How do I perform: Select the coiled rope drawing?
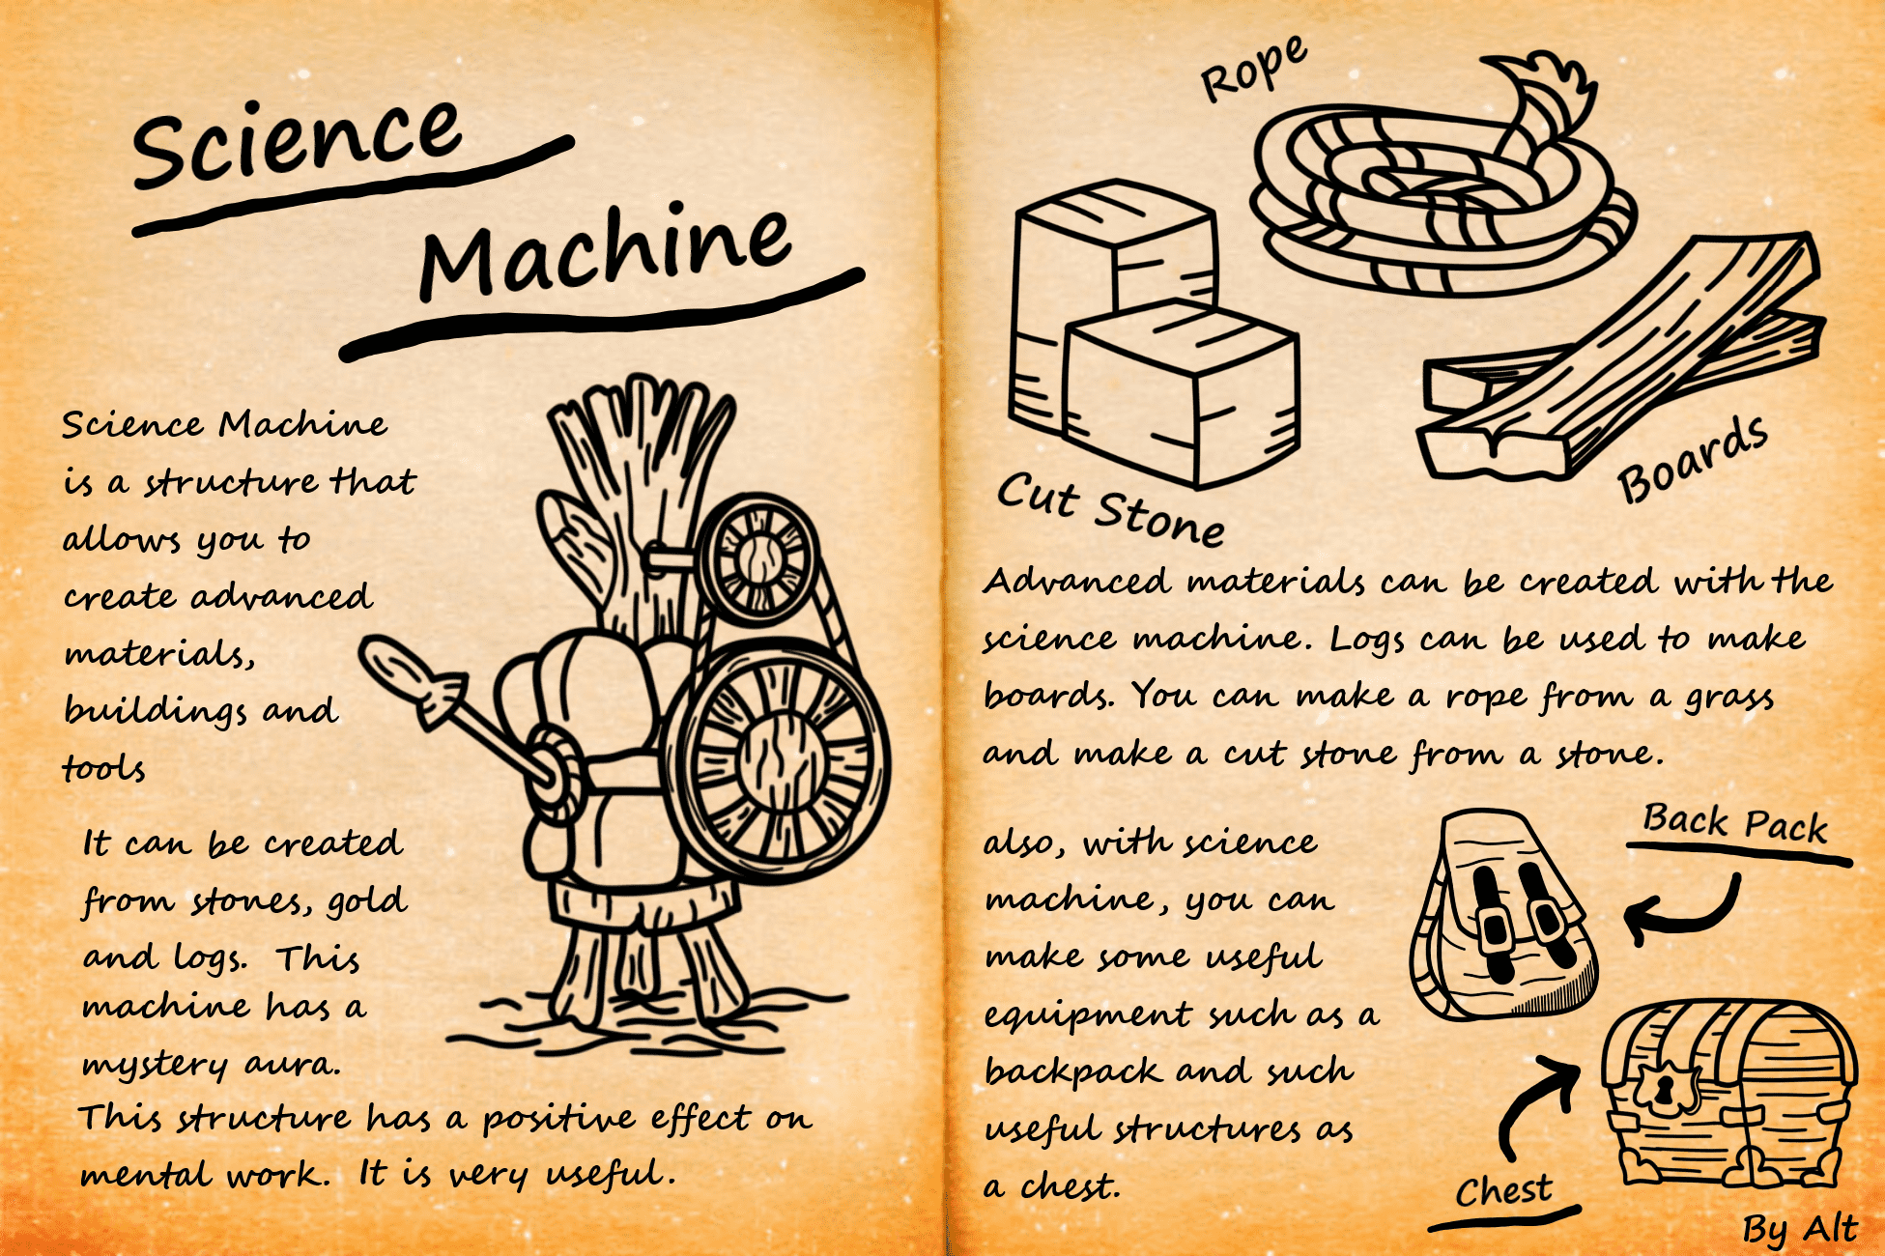tap(1440, 188)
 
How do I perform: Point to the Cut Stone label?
tap(1111, 510)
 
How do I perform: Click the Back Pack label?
tap(1735, 823)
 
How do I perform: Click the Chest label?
tap(1503, 1190)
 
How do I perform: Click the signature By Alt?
tap(1799, 1229)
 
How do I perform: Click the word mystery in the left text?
tap(156, 1066)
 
